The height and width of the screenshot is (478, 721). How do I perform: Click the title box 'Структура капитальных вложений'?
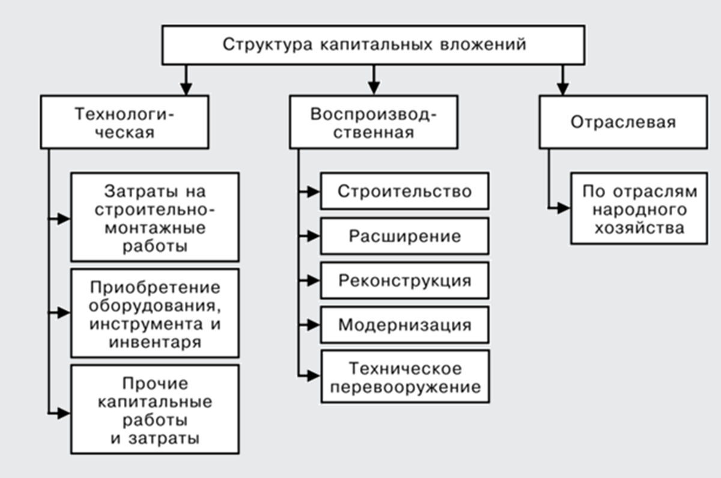374,45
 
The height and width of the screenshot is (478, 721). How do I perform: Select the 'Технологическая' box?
124,122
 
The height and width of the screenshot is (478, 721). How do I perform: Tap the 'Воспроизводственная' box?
374,122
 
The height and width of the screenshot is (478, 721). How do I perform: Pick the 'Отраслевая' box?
622,122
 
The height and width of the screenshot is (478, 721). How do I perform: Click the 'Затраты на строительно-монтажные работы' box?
155,217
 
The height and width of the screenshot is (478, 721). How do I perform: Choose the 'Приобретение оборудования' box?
155,313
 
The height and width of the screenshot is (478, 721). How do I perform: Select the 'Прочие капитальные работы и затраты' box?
155,409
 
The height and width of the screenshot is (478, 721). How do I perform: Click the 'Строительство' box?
404,192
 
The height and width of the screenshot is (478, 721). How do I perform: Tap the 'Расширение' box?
404,236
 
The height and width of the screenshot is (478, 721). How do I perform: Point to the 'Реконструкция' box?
404,280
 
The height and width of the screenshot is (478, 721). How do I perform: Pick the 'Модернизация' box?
404,325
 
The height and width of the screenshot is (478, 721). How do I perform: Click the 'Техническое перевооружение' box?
404,376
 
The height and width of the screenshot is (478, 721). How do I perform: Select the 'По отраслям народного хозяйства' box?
638,209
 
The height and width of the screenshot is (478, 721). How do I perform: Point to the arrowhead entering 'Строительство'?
313,192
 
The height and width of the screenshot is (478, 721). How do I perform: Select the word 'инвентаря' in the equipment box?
155,342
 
